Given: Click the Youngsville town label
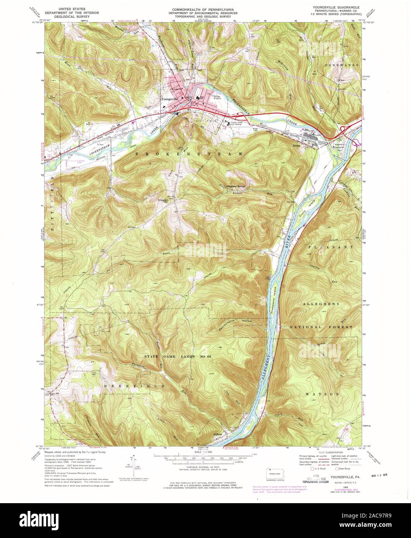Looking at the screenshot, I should coord(169,99).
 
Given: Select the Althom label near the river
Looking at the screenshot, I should coord(218,434).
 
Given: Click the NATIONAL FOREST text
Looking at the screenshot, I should coord(322,327).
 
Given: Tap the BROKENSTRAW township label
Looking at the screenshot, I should coord(190,154).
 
